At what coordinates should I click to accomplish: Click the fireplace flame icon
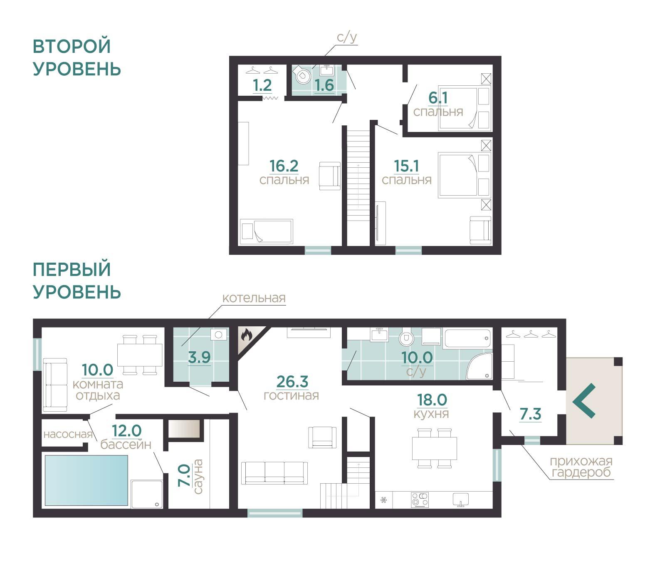click(x=246, y=335)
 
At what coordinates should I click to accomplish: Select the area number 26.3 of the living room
click(x=292, y=382)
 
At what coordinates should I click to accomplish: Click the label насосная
click(x=68, y=434)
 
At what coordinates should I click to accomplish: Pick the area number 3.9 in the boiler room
click(x=199, y=357)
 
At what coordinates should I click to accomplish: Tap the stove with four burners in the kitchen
click(x=420, y=500)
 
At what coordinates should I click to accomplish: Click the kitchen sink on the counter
click(x=461, y=500)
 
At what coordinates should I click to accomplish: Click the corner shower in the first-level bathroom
click(x=479, y=366)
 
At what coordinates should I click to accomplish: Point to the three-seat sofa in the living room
click(x=274, y=473)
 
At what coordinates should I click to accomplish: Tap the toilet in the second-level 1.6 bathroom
click(x=302, y=75)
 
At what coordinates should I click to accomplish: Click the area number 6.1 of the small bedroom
click(x=438, y=97)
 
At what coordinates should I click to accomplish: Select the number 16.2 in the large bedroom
click(x=284, y=166)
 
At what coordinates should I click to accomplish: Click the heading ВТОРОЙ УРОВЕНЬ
click(x=77, y=57)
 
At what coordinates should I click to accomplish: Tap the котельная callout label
click(x=254, y=298)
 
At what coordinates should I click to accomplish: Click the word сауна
click(x=198, y=477)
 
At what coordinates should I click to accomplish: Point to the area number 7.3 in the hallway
click(x=531, y=414)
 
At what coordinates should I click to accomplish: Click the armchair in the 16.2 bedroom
click(x=329, y=176)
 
